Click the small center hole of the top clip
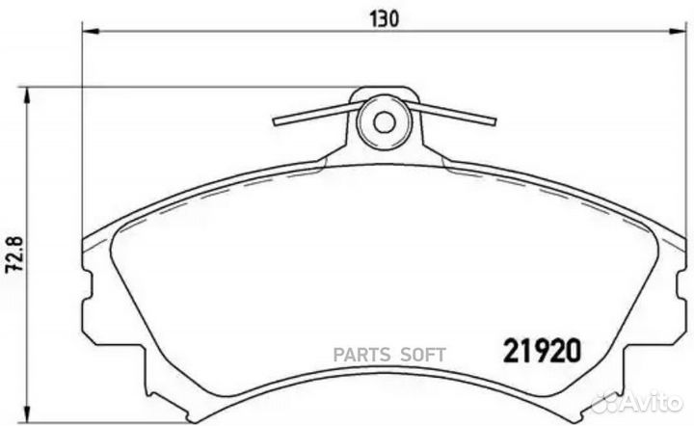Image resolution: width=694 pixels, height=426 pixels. point(384,122)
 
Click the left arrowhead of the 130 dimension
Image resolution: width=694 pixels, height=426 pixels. point(89,32)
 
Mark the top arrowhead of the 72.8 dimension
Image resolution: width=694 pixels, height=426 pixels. point(30,93)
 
